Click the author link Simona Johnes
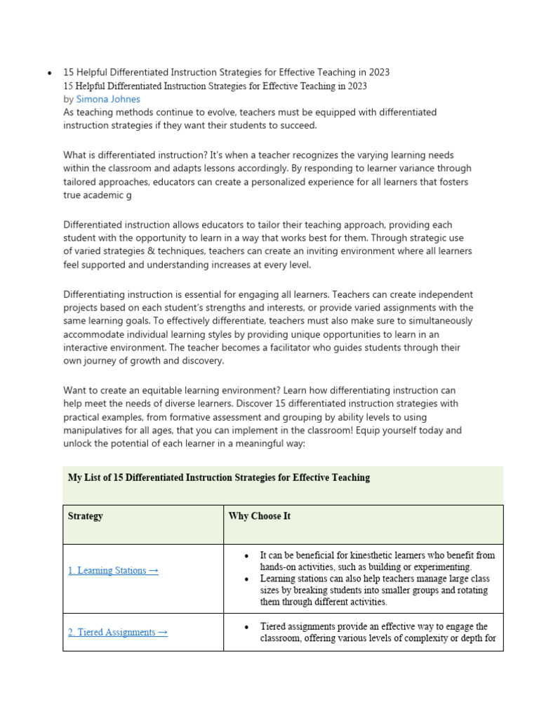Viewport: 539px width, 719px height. [x=108, y=99]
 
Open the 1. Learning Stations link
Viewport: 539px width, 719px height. [x=113, y=570]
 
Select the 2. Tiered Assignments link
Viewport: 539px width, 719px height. [x=117, y=632]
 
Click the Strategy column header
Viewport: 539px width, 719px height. [x=85, y=516]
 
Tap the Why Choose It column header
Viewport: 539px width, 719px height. [x=259, y=516]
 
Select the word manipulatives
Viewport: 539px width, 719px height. [x=95, y=430]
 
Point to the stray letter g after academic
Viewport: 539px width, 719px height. [x=128, y=195]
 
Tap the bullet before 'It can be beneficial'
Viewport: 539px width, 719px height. [x=246, y=555]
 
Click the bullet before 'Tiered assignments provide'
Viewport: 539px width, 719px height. [x=246, y=626]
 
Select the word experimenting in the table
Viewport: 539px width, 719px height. [x=443, y=567]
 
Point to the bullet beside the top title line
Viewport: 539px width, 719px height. [x=49, y=73]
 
